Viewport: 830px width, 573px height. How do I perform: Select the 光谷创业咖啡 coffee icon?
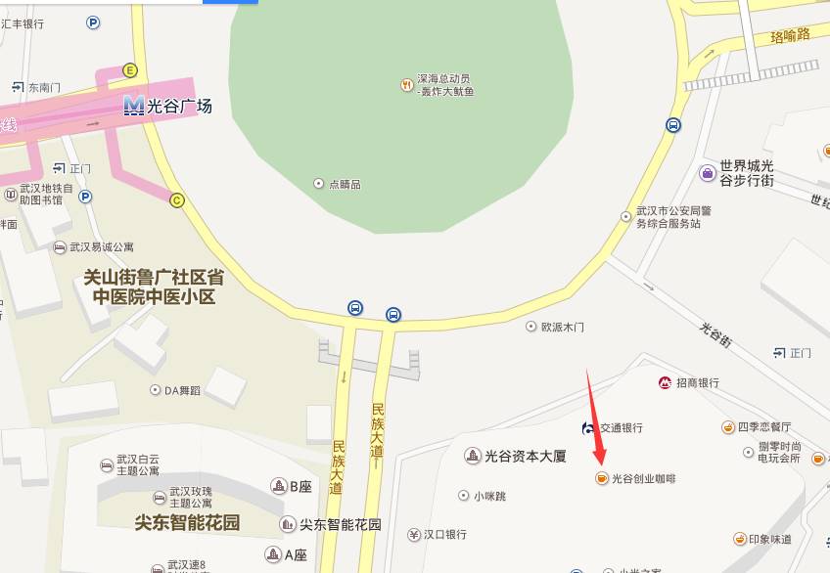[x=600, y=478]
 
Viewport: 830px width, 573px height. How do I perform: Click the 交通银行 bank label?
[x=622, y=427]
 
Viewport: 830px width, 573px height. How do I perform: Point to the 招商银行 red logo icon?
[x=665, y=382]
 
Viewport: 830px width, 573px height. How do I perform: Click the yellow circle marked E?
[x=129, y=70]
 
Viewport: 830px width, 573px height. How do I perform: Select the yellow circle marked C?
[x=177, y=200]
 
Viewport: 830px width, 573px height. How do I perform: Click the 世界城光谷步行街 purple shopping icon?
[x=707, y=173]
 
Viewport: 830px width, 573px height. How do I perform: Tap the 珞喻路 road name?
[x=790, y=35]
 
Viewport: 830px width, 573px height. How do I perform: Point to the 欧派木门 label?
[x=563, y=327]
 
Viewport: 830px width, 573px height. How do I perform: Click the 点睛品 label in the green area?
[x=344, y=184]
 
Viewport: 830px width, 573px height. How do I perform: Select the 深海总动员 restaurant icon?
[x=406, y=85]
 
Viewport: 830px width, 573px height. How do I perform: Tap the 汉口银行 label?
[x=444, y=534]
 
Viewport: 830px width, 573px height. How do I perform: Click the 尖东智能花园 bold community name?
[x=187, y=522]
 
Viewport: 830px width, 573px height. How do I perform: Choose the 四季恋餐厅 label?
[x=763, y=427]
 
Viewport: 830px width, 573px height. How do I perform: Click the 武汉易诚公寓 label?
[x=108, y=246]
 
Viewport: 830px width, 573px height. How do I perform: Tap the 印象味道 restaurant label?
[x=770, y=539]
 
